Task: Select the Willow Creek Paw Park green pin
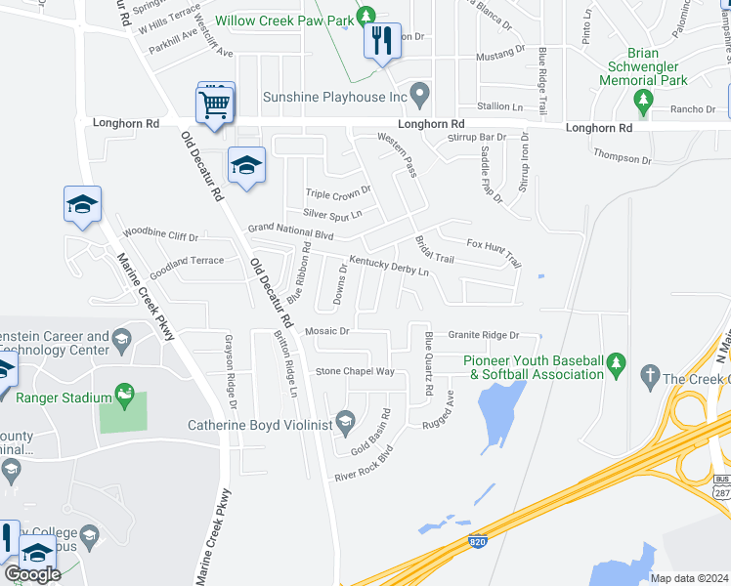(x=365, y=17)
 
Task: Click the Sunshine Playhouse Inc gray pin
(x=420, y=95)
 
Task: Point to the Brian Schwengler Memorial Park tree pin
(x=643, y=100)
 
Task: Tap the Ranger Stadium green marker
(x=124, y=394)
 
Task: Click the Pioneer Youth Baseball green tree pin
(x=616, y=364)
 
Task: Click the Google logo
(x=32, y=574)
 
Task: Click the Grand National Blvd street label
(x=291, y=231)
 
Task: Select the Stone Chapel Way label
(x=354, y=372)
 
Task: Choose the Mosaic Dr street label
(x=326, y=332)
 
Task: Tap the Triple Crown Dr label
(x=338, y=192)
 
